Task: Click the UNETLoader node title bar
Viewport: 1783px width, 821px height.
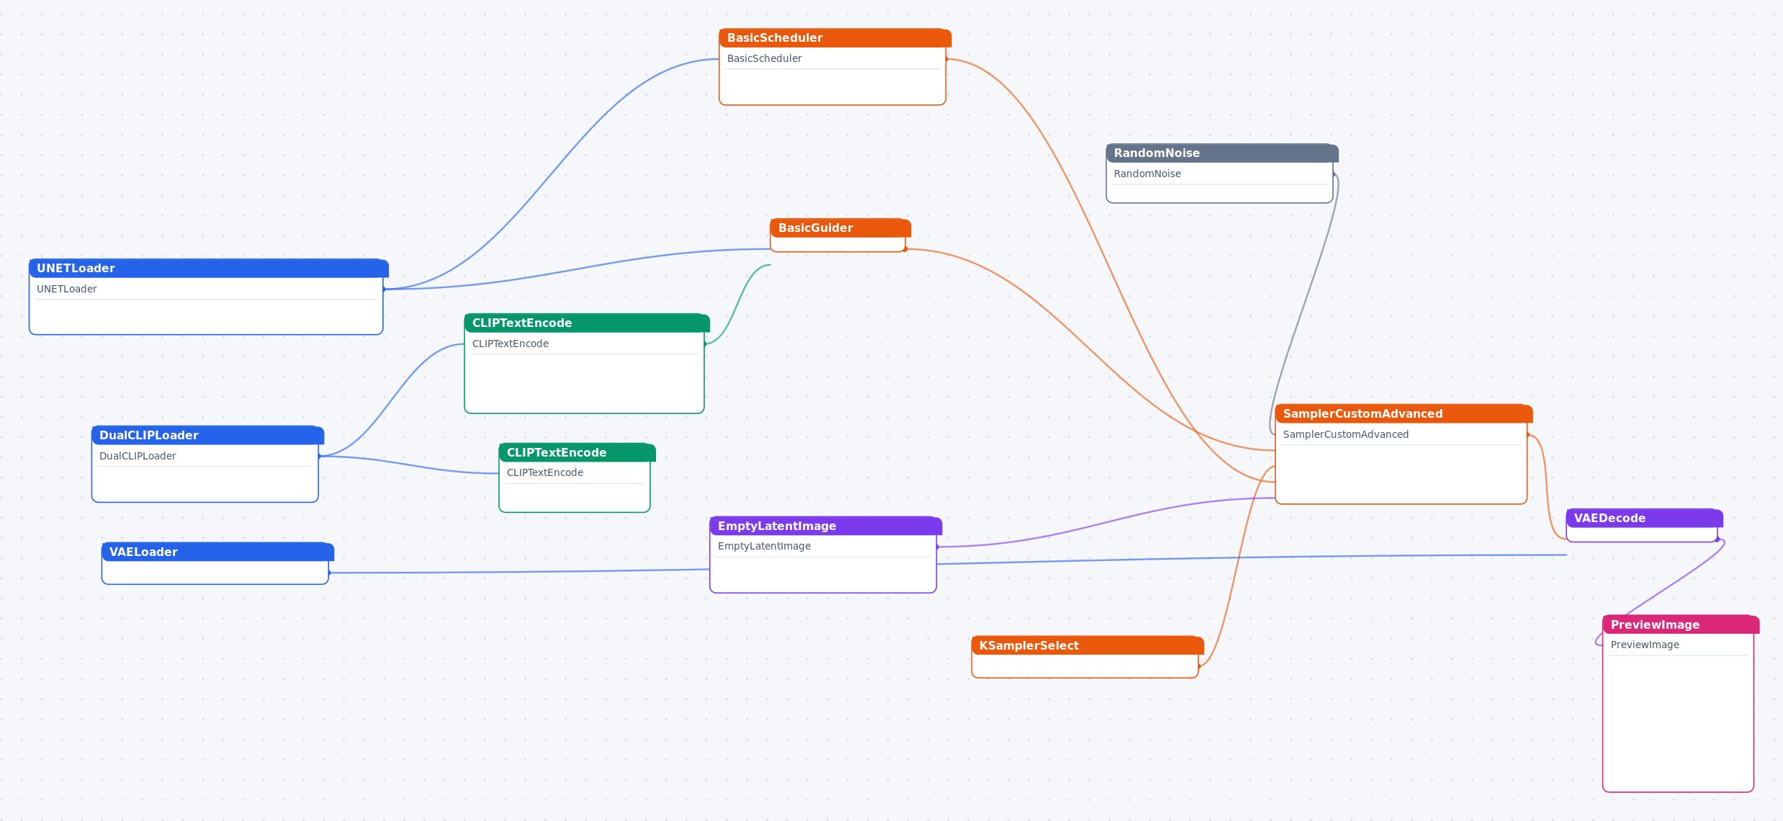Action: [209, 268]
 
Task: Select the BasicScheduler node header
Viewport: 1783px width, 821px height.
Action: [835, 37]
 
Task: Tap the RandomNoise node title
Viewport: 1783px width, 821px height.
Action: [1222, 153]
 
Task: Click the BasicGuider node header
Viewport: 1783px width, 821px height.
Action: [840, 228]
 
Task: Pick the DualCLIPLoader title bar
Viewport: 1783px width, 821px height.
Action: [207, 435]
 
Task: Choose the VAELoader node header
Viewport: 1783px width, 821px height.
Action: [217, 552]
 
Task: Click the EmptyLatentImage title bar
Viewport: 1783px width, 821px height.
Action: [826, 526]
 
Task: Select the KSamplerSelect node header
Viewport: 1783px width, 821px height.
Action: [1087, 645]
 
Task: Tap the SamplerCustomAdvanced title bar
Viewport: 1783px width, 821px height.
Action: [1404, 413]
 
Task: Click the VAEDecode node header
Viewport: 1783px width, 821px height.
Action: [1644, 518]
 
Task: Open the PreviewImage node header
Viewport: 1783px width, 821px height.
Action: [1681, 624]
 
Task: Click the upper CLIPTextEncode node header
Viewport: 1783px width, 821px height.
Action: [587, 323]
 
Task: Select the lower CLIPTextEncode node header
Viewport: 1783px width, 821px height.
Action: [577, 452]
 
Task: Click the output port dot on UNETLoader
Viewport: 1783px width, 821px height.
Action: [384, 289]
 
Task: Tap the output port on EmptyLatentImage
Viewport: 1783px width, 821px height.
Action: [937, 547]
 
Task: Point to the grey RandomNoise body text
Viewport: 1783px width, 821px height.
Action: [1147, 174]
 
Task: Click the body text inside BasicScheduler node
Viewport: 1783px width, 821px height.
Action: [764, 58]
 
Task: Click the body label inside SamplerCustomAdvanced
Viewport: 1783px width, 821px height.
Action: [1345, 434]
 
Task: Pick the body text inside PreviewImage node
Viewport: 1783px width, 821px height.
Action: [1645, 645]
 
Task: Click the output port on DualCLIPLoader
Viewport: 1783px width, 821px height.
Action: [319, 456]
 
